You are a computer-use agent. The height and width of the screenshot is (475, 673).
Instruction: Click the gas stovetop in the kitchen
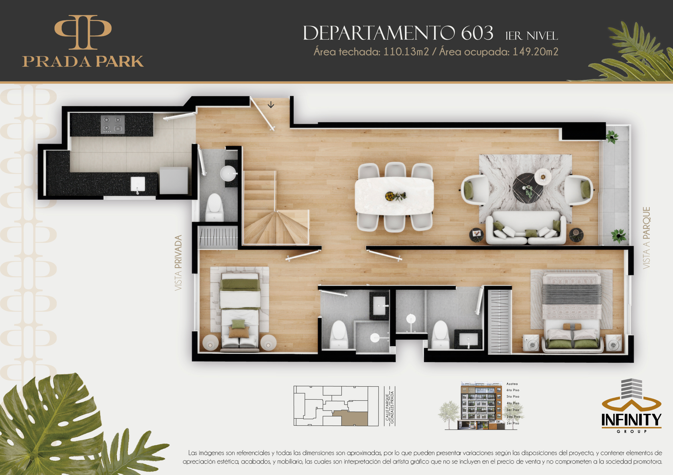(x=112, y=124)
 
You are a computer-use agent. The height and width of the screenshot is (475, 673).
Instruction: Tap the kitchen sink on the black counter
(x=138, y=184)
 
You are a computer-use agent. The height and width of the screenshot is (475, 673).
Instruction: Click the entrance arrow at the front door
(x=271, y=105)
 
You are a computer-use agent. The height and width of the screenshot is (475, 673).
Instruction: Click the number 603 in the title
(x=477, y=33)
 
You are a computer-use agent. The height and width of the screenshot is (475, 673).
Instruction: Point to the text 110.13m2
(x=406, y=52)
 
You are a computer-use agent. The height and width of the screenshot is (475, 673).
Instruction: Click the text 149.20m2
(x=535, y=52)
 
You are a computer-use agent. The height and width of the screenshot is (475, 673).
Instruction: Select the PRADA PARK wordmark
(x=83, y=61)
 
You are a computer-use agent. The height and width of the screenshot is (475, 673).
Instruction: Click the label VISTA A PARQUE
(x=646, y=238)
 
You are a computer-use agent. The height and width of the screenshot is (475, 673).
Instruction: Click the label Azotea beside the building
(x=512, y=384)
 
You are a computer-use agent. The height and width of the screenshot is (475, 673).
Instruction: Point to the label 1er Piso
(x=513, y=423)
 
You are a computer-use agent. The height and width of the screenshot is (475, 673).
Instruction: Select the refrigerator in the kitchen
(x=174, y=181)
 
